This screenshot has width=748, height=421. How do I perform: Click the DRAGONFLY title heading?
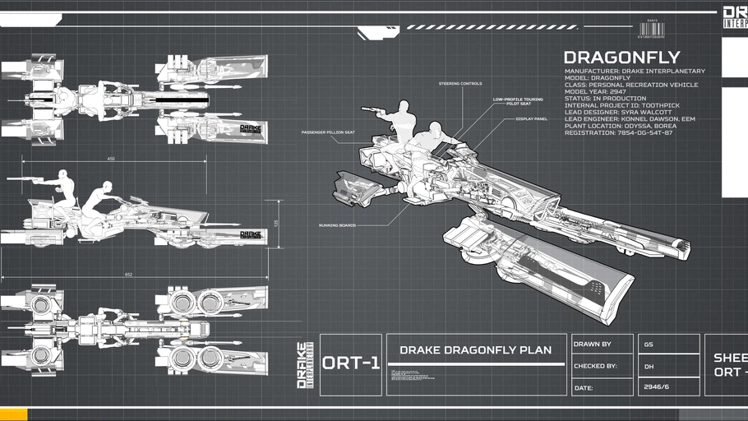621,58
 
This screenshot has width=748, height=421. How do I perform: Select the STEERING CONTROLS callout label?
460,83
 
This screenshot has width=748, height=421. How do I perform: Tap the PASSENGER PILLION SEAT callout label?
328,132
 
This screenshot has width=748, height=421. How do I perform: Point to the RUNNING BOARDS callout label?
337,225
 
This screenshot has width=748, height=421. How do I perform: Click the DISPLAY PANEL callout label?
532,118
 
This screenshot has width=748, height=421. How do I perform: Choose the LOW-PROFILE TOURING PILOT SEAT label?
512,101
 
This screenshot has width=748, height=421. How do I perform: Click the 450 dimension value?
111,159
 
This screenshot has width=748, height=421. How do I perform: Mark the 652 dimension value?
129,274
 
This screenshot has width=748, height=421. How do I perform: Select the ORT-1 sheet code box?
351,363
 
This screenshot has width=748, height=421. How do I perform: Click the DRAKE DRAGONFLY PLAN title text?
475,349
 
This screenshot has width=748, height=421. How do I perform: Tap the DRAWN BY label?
592,345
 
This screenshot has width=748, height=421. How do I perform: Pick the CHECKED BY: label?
595,366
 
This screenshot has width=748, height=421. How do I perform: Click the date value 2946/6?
656,386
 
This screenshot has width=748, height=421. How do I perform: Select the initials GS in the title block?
649,345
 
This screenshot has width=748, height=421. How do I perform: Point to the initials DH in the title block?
649,366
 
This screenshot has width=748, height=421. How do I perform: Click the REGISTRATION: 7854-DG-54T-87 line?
619,132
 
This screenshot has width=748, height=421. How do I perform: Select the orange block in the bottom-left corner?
14,414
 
